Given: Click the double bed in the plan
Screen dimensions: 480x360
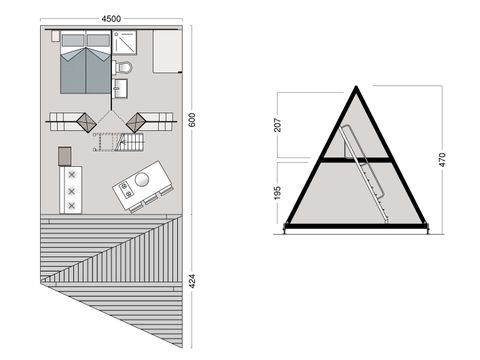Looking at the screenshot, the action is [x=85, y=62].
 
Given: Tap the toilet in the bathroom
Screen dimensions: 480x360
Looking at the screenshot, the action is [x=123, y=68].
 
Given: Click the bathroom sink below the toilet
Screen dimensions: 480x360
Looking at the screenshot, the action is [x=122, y=90].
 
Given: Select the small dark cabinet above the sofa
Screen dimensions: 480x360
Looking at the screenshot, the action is [x=66, y=156].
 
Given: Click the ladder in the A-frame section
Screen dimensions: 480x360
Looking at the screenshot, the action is [x=365, y=175].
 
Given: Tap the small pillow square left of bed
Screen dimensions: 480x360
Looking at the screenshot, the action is [x=55, y=36].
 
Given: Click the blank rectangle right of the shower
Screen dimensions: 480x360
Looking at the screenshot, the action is [x=165, y=50].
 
